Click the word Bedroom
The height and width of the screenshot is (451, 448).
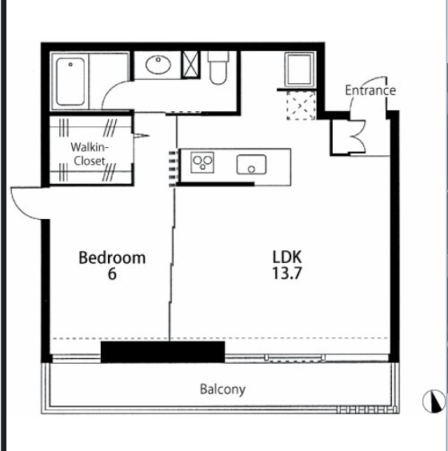[x=112, y=257]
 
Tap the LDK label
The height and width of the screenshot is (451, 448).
[x=287, y=257]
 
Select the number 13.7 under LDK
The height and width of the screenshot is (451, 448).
[x=287, y=273]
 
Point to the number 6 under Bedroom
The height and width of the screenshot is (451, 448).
[x=112, y=273]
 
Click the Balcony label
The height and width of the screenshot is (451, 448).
[x=222, y=389]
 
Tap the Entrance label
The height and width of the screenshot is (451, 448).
[x=370, y=90]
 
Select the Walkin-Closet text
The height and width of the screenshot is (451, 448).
[x=90, y=154]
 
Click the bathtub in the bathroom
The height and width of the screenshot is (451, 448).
[x=70, y=82]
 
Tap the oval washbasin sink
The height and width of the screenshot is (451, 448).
[x=158, y=65]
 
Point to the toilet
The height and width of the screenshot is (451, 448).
[x=218, y=68]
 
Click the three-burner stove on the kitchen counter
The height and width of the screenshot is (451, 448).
[x=202, y=162]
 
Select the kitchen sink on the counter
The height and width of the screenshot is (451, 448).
[x=251, y=165]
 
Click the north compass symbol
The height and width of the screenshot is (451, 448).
[x=434, y=401]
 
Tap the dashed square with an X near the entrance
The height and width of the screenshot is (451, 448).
[x=302, y=106]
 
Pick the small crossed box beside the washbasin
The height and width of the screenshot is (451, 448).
[x=190, y=65]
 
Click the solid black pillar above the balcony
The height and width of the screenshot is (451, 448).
[x=162, y=352]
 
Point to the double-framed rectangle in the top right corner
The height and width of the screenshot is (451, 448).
[x=300, y=70]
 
